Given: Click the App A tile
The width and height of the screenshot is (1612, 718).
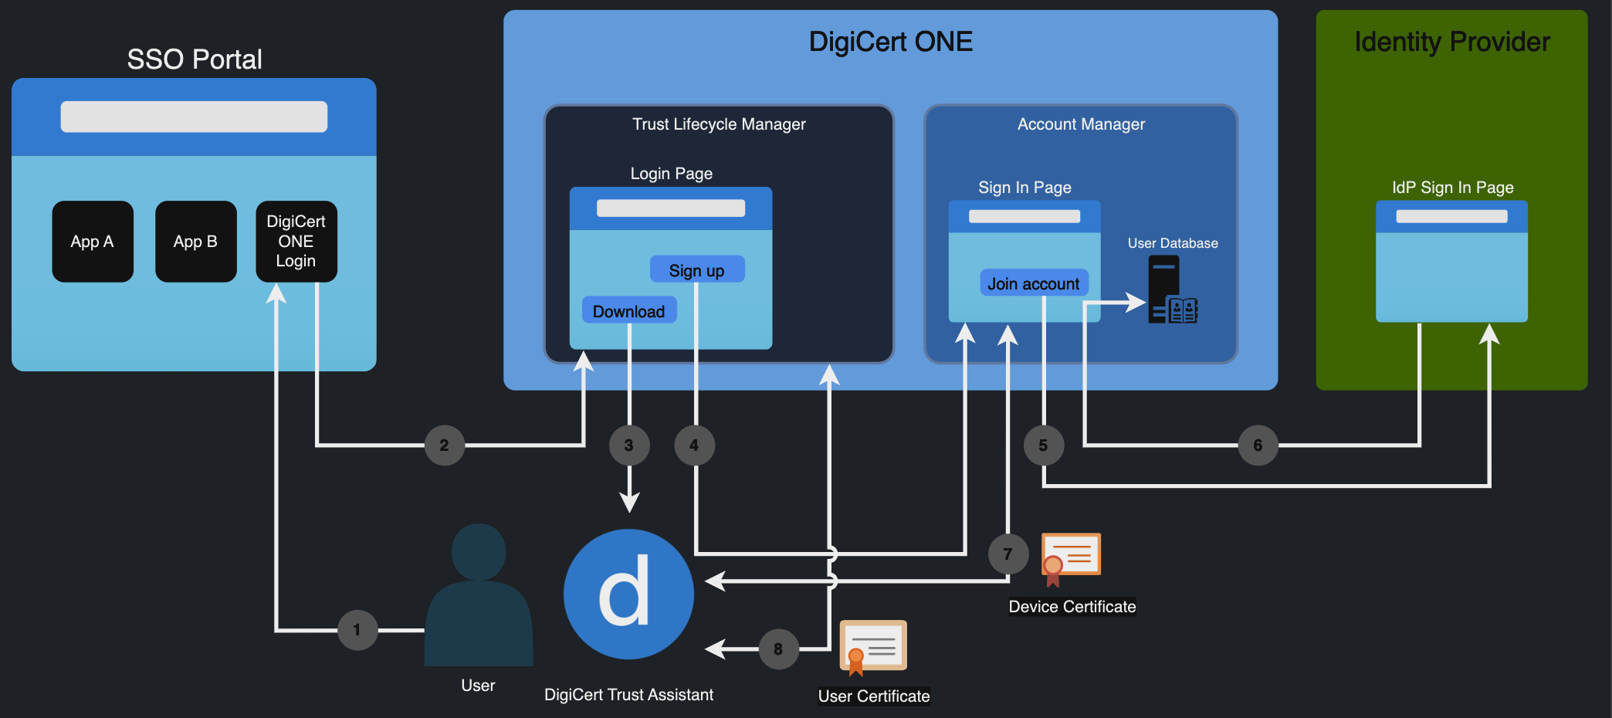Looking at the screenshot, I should tap(93, 242).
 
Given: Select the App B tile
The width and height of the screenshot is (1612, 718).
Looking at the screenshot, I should tap(195, 242).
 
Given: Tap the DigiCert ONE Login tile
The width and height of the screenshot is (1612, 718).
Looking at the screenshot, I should tap(296, 242).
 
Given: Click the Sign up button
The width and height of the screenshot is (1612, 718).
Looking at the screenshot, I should tap(696, 270).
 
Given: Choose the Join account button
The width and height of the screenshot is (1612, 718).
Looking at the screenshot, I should tap(1034, 283).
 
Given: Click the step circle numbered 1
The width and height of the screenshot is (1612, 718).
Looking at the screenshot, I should tap(357, 630).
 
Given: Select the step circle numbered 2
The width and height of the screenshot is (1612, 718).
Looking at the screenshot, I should tap(445, 445).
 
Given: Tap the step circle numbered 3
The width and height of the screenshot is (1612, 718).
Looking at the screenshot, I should tap(629, 445).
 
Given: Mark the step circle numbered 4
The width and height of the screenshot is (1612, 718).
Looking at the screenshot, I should tap(694, 445).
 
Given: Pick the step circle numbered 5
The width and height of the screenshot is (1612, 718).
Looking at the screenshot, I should tap(1043, 445).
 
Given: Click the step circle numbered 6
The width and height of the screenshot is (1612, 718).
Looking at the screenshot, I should tap(1258, 445).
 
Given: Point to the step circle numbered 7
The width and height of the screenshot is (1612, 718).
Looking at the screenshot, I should tap(1007, 554).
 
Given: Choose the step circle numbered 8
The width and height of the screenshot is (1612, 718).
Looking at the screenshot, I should tap(778, 649).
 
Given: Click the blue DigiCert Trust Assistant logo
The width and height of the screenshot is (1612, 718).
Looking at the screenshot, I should tap(628, 594).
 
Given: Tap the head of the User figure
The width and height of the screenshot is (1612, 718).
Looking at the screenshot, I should tap(479, 551).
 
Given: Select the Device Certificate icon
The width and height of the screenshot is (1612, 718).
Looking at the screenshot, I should tap(1070, 557).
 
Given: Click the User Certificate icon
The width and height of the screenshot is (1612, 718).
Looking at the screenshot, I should tap(873, 647).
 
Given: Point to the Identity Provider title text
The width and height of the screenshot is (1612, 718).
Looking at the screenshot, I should tap(1452, 42).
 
